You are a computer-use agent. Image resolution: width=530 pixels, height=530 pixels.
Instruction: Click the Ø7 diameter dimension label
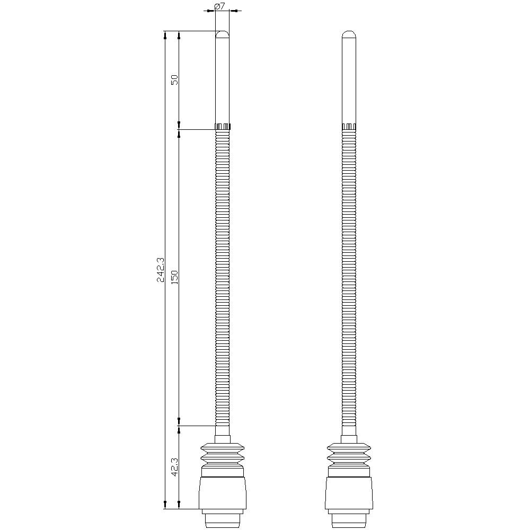point(219,6)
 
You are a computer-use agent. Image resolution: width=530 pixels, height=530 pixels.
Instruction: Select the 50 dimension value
point(174,79)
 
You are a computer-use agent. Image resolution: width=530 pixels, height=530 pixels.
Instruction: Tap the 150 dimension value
point(174,277)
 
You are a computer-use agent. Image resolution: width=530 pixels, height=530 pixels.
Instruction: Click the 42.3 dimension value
point(174,467)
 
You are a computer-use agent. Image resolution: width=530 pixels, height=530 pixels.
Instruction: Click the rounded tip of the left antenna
point(223,34)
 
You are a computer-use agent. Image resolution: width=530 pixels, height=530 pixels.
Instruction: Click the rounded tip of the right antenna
point(348,34)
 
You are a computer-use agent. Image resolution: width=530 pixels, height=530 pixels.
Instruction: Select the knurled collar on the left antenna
point(223,127)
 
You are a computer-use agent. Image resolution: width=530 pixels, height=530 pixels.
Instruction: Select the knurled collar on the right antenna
point(348,127)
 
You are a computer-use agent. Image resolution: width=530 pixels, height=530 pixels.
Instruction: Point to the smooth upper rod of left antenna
point(223,79)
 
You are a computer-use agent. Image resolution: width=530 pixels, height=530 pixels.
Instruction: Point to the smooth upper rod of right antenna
point(348,79)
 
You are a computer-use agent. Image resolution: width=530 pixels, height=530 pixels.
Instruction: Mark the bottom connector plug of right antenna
point(348,519)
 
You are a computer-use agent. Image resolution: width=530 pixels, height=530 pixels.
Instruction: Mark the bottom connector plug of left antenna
point(223,519)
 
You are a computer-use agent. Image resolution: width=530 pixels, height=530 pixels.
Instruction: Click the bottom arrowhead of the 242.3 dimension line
point(166,506)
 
